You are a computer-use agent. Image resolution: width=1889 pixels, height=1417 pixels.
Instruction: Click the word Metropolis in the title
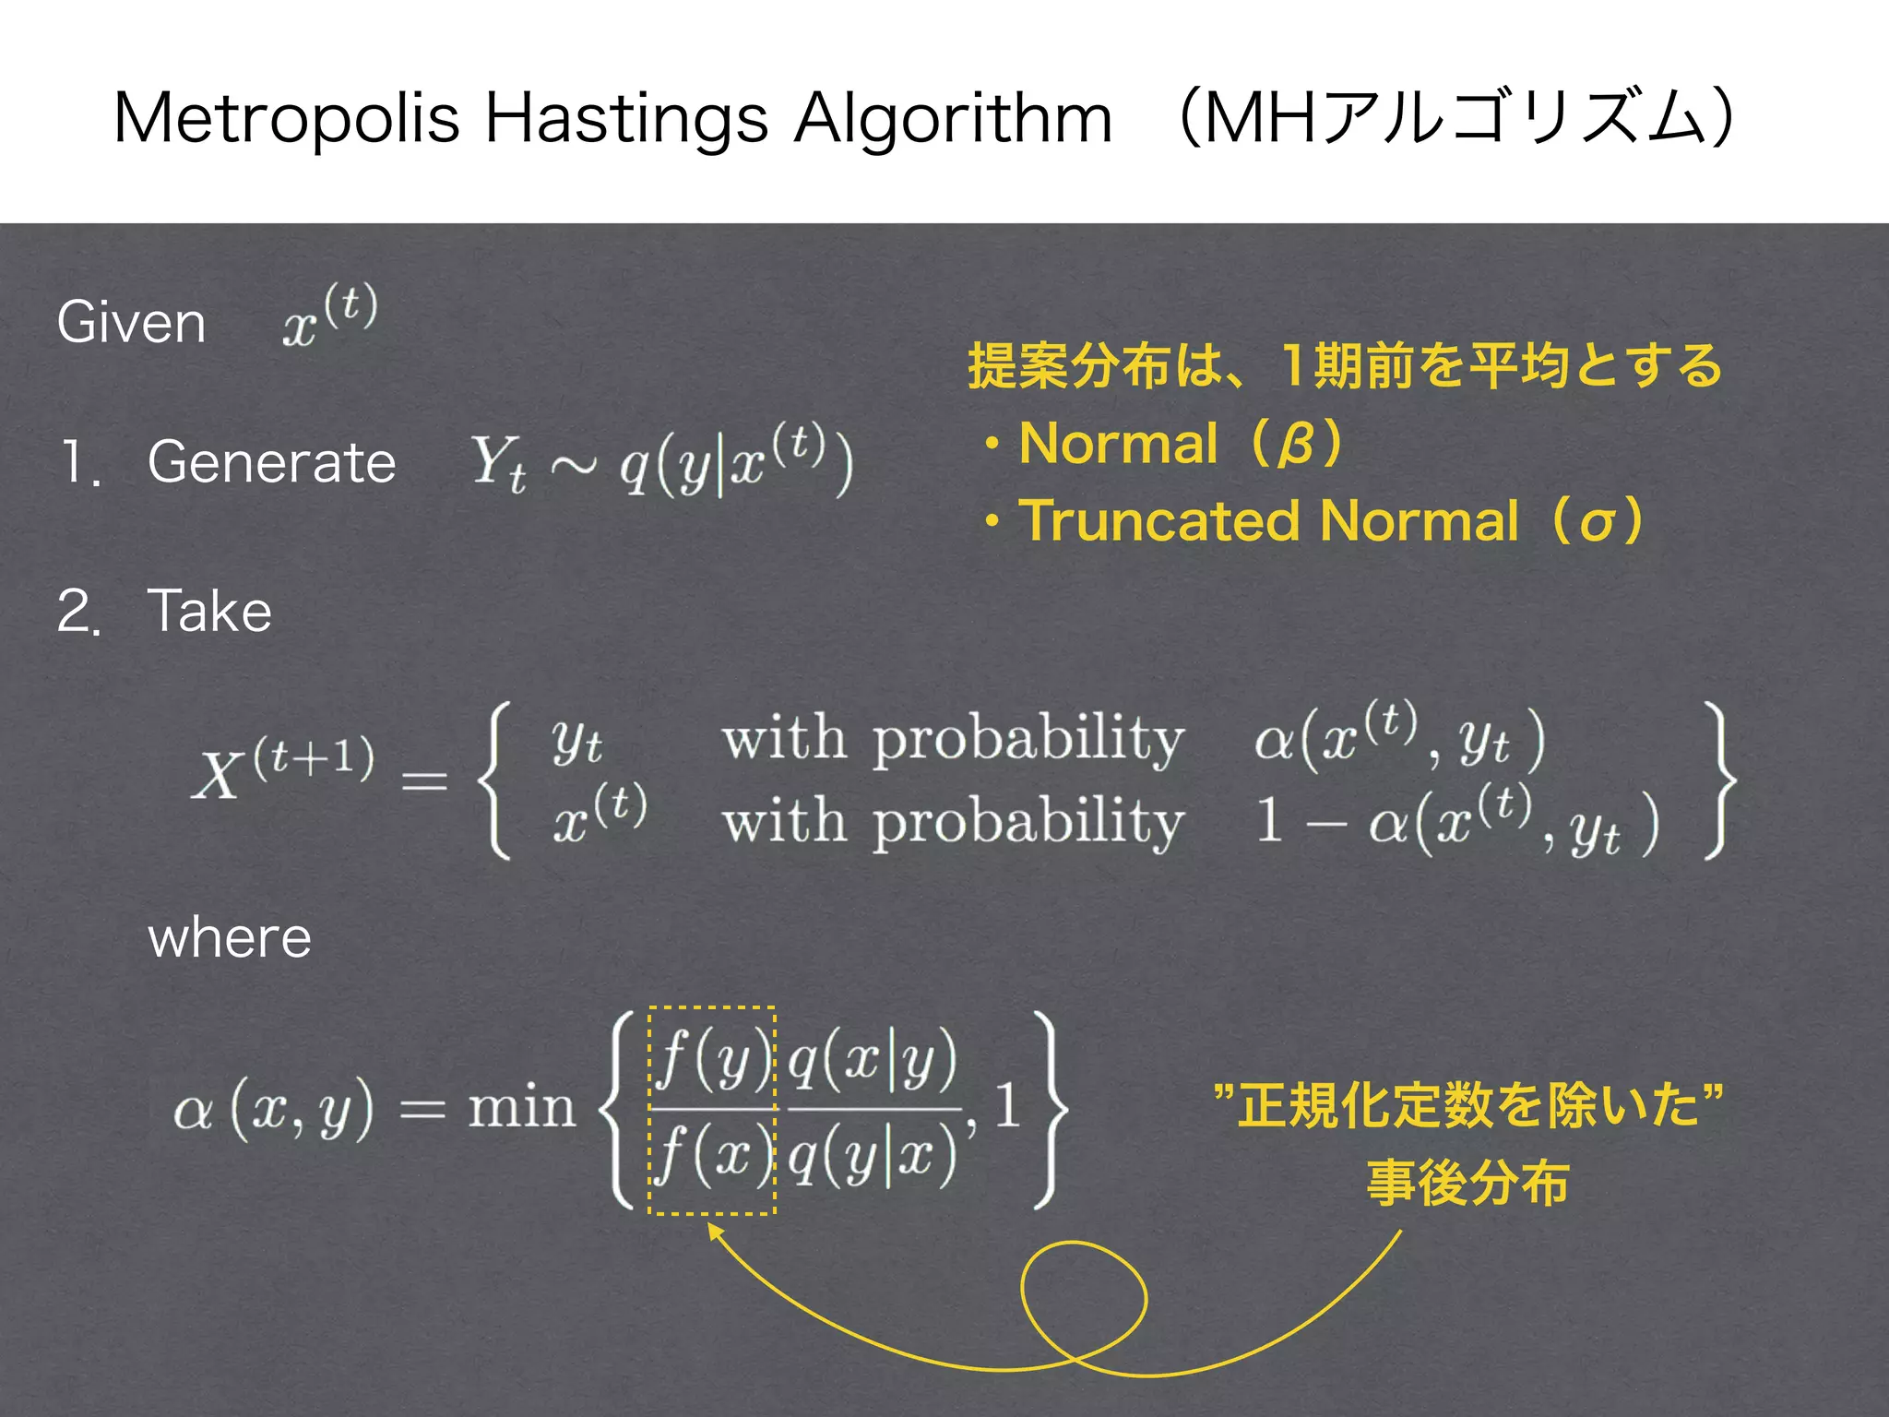coord(286,120)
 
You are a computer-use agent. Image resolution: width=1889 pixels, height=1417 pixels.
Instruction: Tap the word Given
coord(131,323)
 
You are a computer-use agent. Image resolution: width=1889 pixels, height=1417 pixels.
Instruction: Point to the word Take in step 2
coord(209,611)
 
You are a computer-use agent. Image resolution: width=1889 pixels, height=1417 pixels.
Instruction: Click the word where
coord(230,938)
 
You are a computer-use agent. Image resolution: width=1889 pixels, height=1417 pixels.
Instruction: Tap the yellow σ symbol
coord(1597,523)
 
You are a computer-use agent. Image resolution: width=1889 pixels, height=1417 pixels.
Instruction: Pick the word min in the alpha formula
coord(521,1107)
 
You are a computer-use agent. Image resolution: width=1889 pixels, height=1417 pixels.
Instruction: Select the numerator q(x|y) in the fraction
coord(873,1059)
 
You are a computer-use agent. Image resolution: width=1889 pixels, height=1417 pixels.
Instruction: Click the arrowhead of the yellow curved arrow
coord(712,1229)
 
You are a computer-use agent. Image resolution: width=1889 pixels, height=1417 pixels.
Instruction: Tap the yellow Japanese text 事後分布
coord(1467,1184)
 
